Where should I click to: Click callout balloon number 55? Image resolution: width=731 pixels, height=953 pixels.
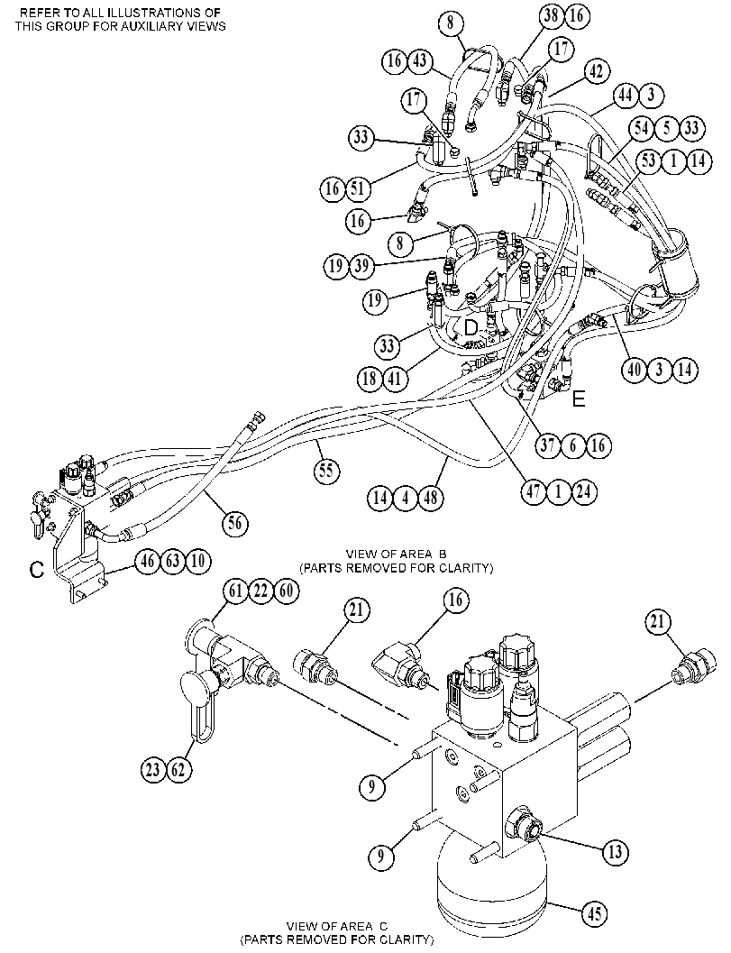point(327,471)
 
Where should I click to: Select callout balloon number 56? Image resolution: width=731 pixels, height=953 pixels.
point(234,523)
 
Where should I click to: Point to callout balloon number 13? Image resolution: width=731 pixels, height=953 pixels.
point(615,851)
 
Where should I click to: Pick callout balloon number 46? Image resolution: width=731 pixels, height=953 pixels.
point(148,561)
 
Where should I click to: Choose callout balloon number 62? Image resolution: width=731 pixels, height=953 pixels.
point(178,771)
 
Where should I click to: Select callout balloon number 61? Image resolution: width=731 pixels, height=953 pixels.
point(235,591)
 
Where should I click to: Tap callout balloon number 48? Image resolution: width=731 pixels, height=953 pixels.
point(430,499)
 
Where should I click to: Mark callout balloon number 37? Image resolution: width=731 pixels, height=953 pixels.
point(547,445)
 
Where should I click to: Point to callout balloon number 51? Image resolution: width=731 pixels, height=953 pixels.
point(357,188)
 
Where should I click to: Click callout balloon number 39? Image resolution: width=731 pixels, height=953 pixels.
point(361,267)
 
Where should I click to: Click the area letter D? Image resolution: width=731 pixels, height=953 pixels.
point(471,328)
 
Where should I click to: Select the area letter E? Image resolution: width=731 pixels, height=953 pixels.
point(579,399)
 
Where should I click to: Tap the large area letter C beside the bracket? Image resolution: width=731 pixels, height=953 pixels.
point(37,570)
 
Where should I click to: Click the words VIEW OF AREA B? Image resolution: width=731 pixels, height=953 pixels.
point(397,554)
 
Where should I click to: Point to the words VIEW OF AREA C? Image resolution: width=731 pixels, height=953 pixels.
point(337,926)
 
